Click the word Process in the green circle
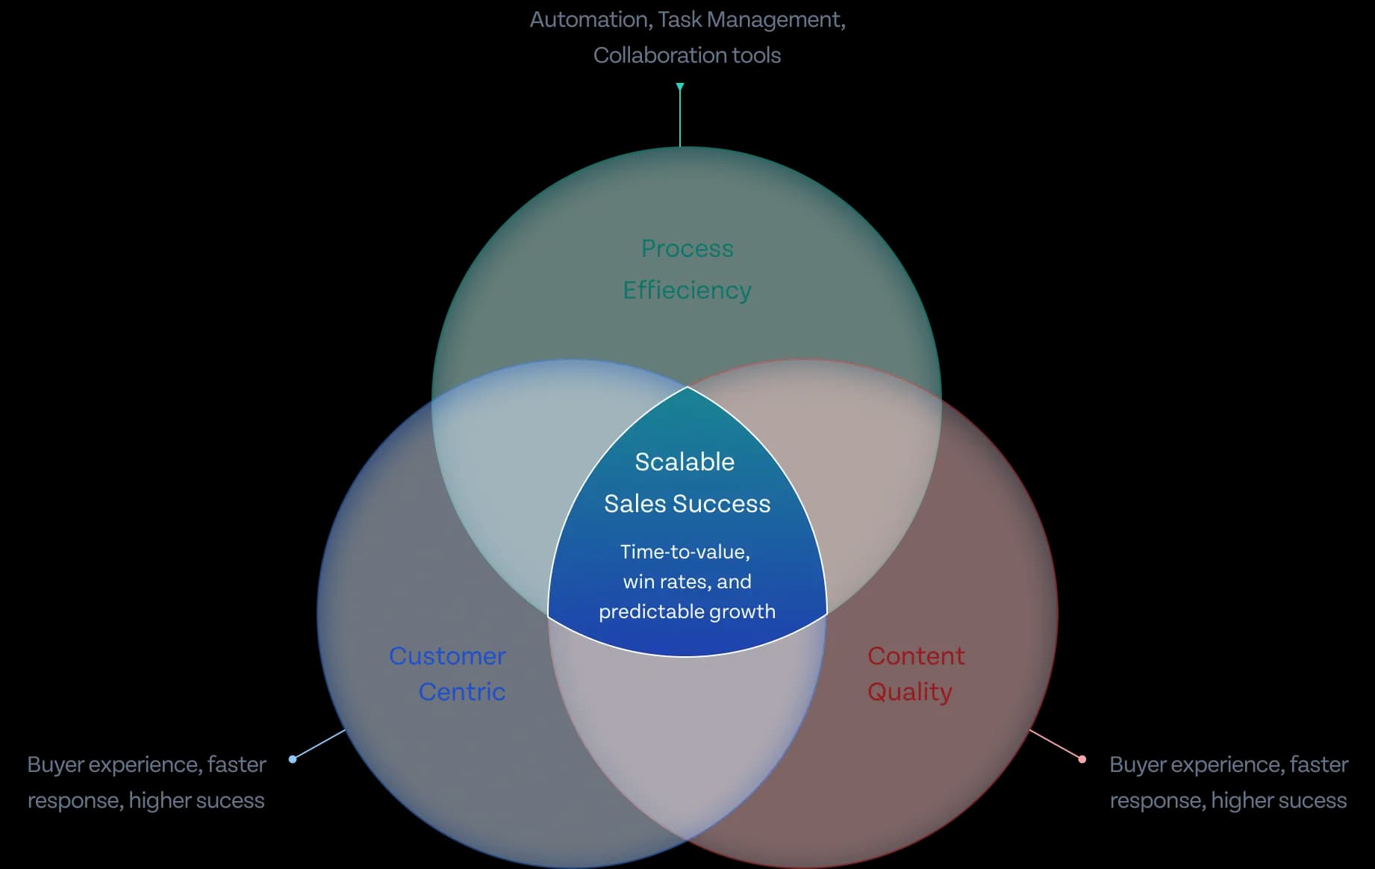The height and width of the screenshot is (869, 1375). [x=687, y=249]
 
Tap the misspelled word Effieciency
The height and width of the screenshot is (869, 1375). [x=687, y=290]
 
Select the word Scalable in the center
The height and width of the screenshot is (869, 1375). [x=685, y=462]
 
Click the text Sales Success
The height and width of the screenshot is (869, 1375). [x=687, y=504]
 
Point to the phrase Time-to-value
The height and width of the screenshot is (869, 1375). [x=685, y=552]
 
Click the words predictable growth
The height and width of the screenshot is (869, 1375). [x=687, y=611]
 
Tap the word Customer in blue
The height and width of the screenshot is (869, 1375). [x=447, y=656]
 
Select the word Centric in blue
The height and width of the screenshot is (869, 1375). [x=461, y=692]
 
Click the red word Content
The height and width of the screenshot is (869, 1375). [x=916, y=656]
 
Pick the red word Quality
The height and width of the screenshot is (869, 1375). [x=909, y=692]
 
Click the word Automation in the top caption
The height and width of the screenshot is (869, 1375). [x=589, y=19]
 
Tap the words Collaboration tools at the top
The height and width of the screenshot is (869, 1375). [x=687, y=55]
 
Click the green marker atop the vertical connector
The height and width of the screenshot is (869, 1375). [x=680, y=87]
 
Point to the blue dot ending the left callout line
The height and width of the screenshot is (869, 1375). [x=293, y=759]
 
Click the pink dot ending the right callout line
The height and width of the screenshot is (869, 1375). [x=1082, y=759]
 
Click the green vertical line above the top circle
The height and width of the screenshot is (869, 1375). [x=680, y=119]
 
